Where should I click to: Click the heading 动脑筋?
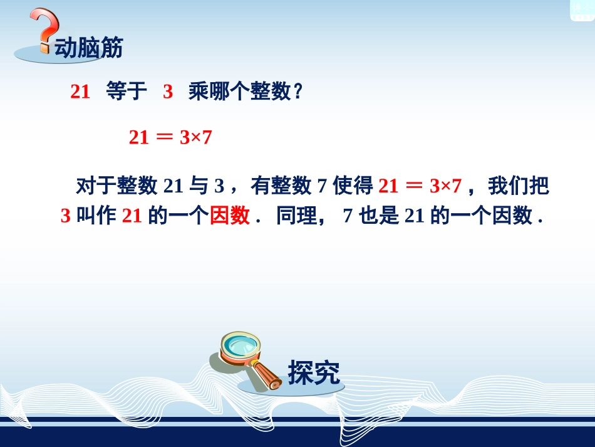(89, 48)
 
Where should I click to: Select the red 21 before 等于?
(80, 92)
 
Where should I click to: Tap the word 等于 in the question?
(127, 92)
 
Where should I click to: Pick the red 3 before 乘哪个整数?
(168, 92)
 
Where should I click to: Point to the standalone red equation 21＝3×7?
(170, 137)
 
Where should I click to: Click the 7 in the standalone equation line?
(207, 137)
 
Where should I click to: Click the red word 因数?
(230, 216)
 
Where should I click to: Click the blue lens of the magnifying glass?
(243, 345)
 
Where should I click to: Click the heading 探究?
(314, 372)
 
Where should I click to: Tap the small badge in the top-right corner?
(581, 9)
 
